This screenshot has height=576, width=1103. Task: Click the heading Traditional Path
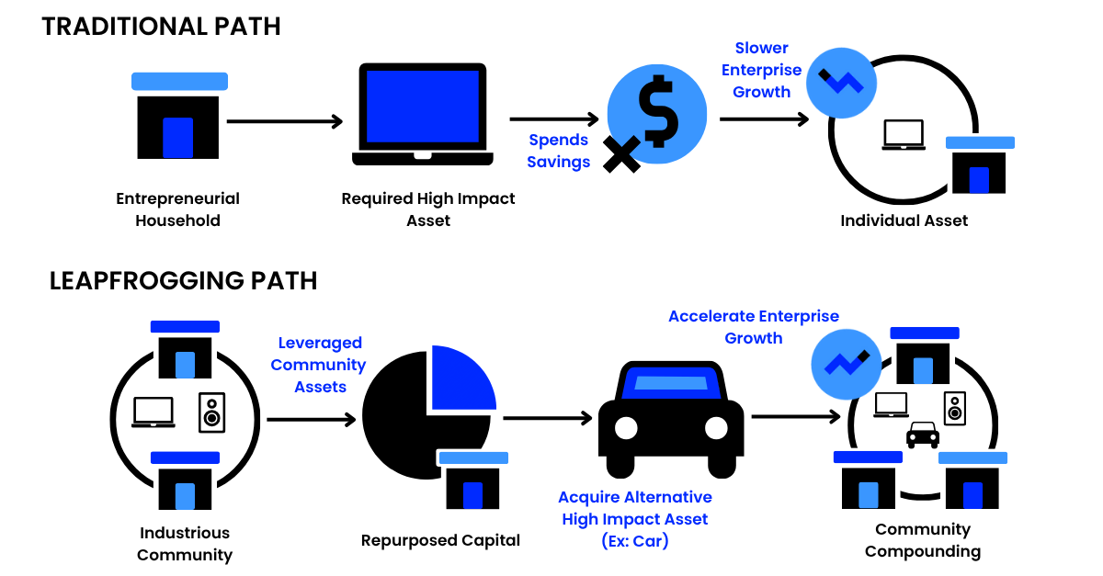[x=161, y=26]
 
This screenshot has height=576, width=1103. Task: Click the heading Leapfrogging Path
[x=183, y=280]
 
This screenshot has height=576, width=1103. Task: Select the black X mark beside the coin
[x=621, y=153]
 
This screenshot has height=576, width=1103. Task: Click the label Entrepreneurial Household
[x=177, y=209]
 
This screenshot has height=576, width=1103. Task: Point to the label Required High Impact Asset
[x=428, y=209]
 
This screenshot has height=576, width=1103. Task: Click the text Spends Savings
[x=558, y=151]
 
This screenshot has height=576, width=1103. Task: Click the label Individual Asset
[x=904, y=220]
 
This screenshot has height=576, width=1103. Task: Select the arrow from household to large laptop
[x=284, y=120]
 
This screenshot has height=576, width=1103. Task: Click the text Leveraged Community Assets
[x=320, y=365]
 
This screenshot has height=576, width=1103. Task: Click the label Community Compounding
[x=922, y=540]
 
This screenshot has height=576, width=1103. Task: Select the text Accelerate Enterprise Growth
[x=754, y=327]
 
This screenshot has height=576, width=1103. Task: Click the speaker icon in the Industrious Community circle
[x=212, y=413]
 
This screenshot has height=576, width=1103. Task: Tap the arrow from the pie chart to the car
[x=548, y=418]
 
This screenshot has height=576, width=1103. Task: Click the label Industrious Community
[x=185, y=544]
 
